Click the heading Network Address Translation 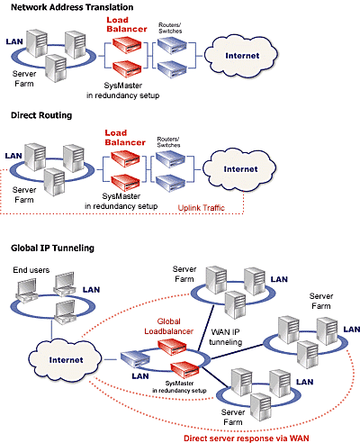[72, 7]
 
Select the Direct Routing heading [41, 115]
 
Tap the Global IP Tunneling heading [52, 249]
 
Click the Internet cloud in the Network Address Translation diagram [241, 56]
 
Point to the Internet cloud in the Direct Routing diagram [239, 169]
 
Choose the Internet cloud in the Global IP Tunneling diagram [66, 360]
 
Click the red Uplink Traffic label [201, 208]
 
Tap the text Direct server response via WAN [247, 438]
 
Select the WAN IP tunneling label [226, 337]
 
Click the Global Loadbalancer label [168, 326]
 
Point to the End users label [31, 270]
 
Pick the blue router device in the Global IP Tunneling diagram [135, 358]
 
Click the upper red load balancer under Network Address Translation [127, 45]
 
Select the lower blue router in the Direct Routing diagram [170, 183]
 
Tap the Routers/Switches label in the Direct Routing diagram [168, 142]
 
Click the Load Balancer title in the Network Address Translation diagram [127, 24]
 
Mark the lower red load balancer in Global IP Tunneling [184, 370]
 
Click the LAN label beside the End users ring [91, 290]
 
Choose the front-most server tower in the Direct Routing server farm [54, 182]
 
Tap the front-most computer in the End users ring [64, 312]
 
